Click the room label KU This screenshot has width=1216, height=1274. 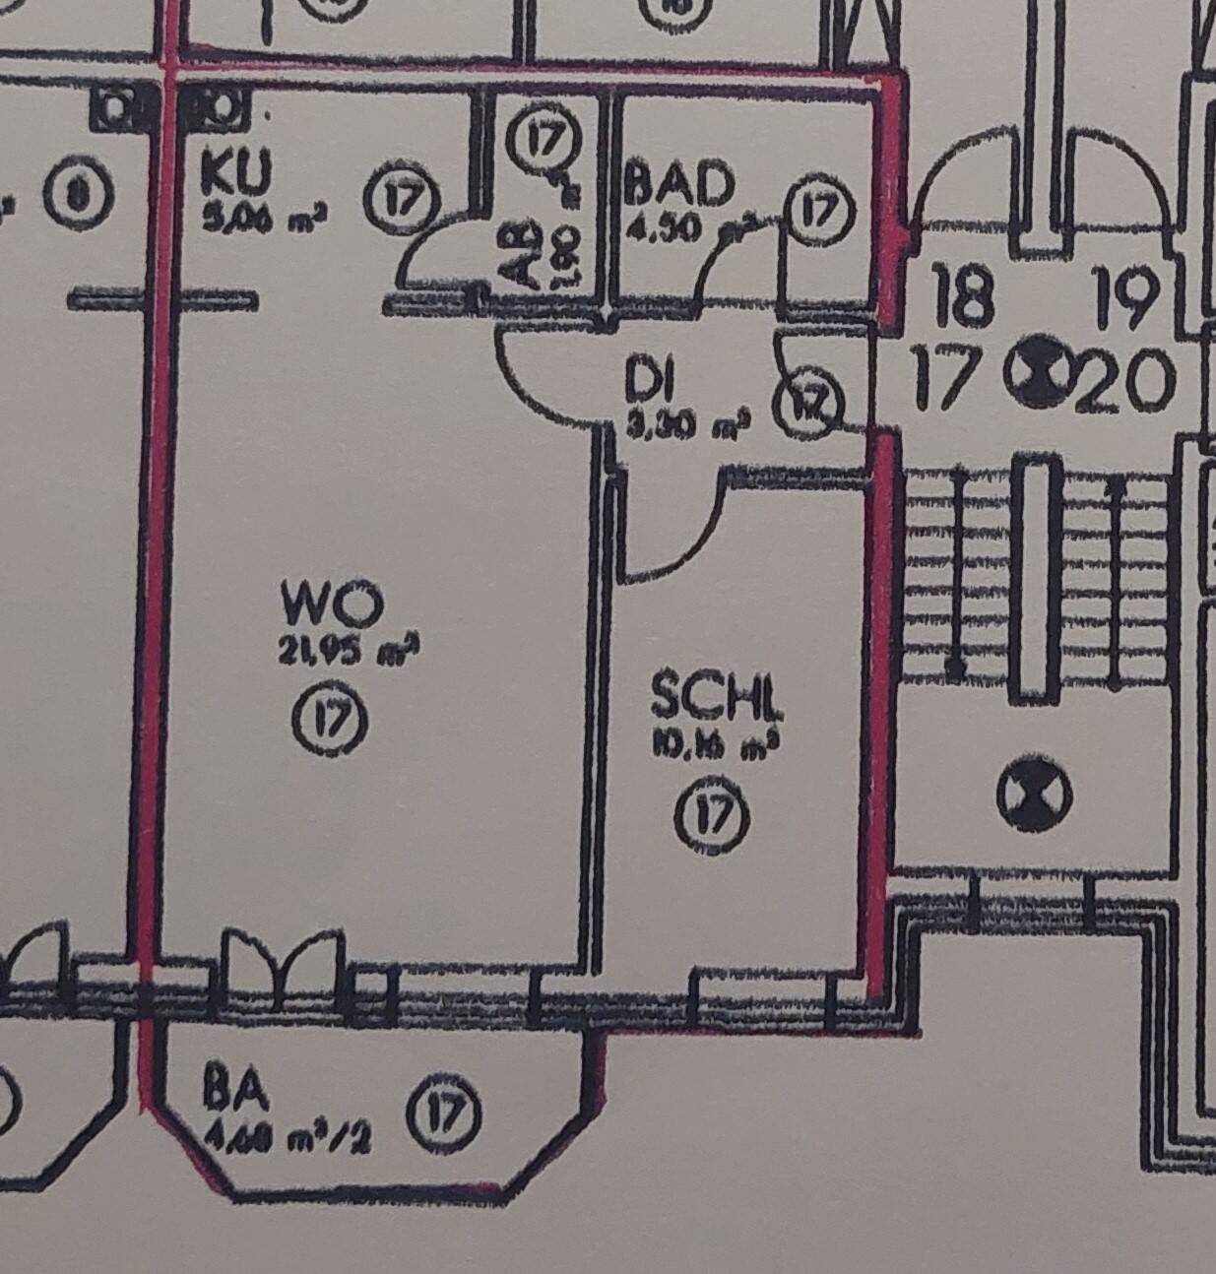[234, 172]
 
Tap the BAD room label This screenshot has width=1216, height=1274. [679, 185]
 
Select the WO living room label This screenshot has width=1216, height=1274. [331, 604]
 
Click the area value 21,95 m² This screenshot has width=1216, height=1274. [336, 653]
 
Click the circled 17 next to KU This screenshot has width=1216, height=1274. [400, 200]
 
